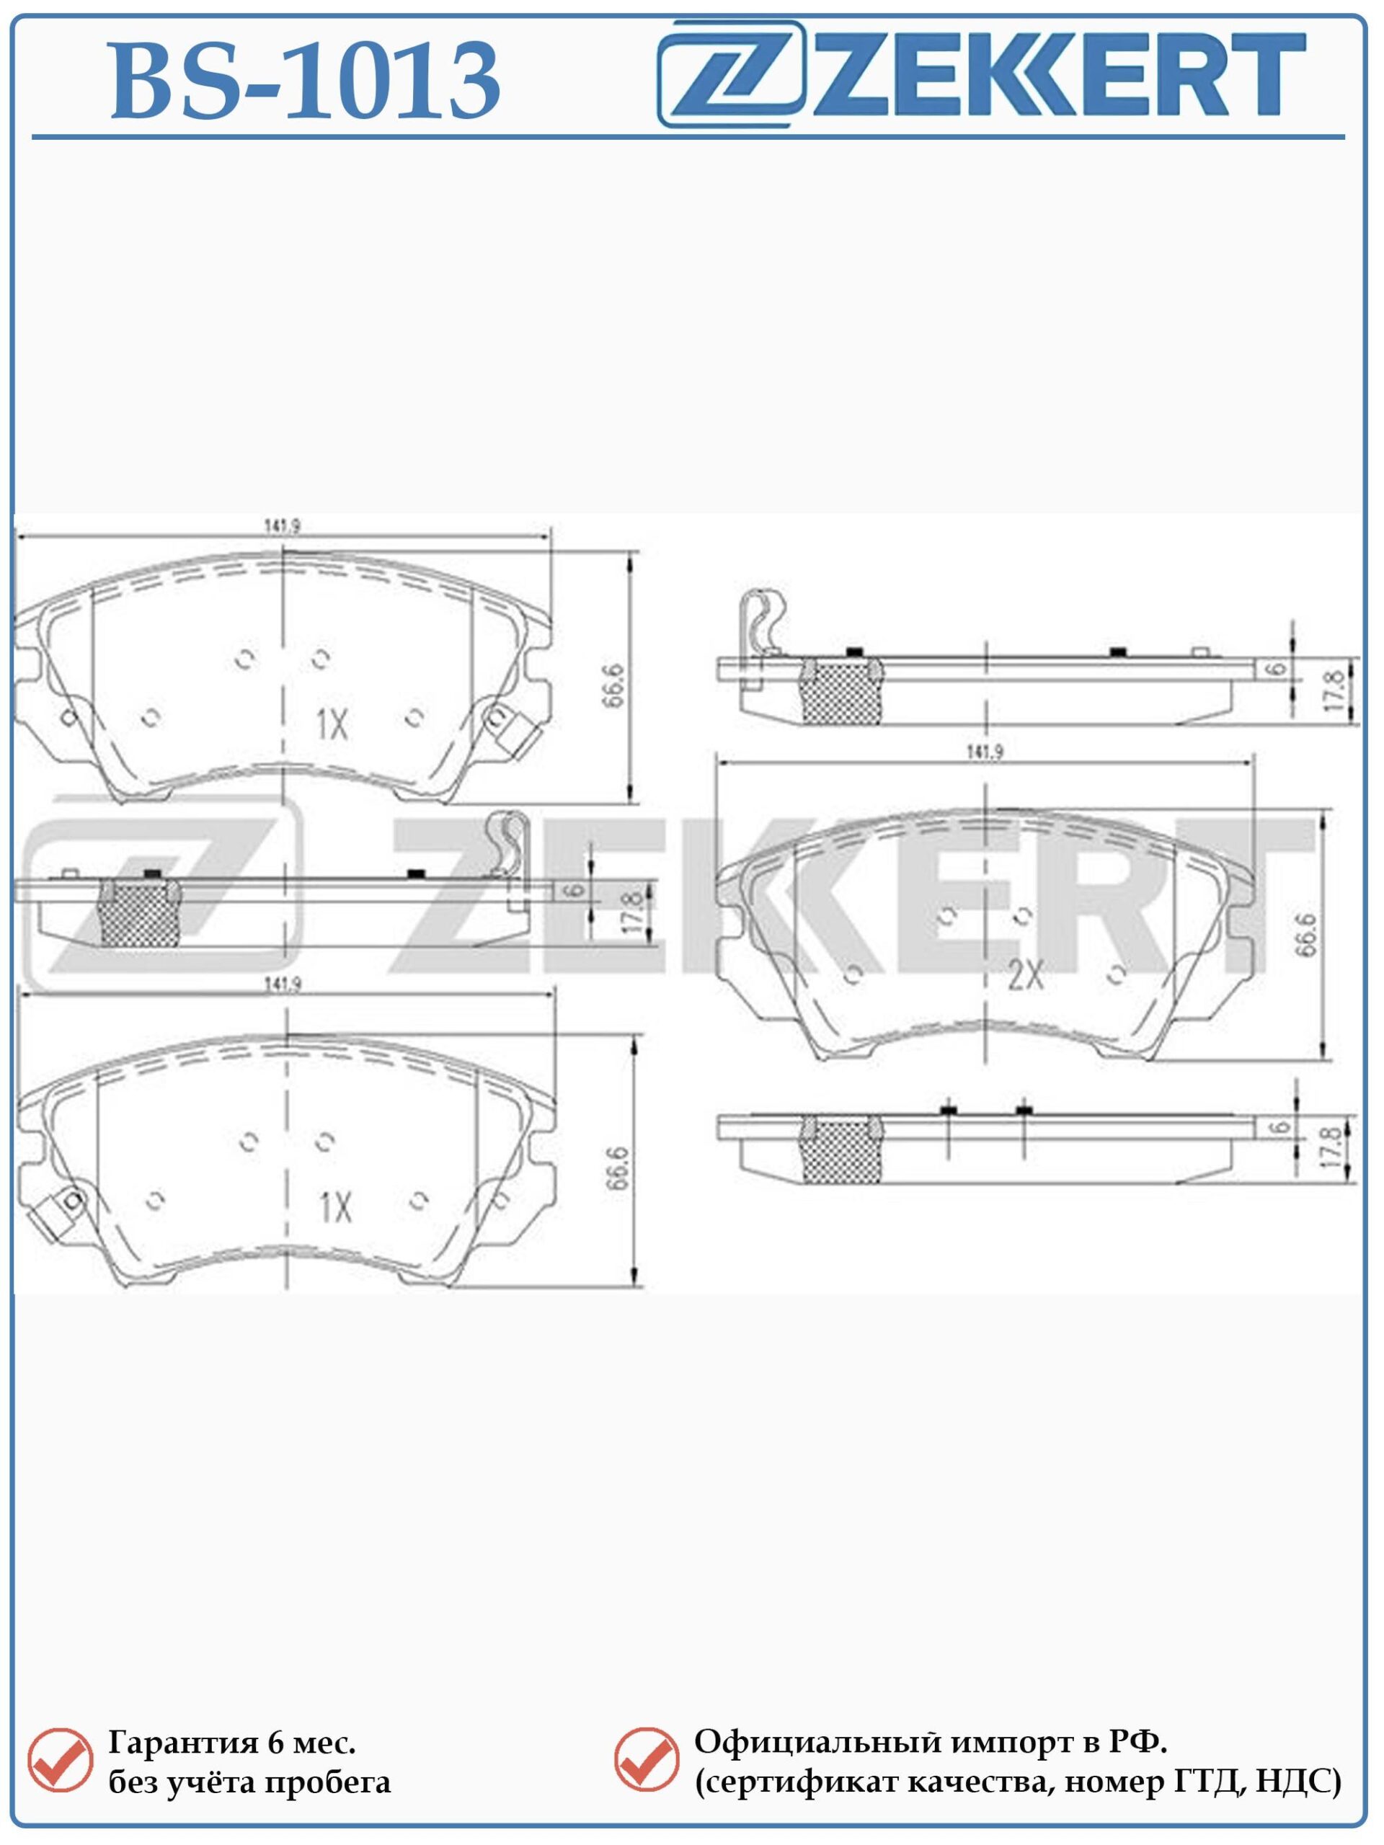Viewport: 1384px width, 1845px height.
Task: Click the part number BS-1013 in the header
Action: (x=306, y=81)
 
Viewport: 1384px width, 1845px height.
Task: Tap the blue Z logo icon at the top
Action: (x=731, y=74)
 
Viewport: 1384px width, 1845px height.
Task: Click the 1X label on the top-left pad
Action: (x=332, y=725)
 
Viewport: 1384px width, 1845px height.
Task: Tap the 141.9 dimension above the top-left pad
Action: (x=282, y=526)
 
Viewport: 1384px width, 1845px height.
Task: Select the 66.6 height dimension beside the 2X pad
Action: (x=1308, y=934)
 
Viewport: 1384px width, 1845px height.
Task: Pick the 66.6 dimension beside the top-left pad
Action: (x=614, y=685)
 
